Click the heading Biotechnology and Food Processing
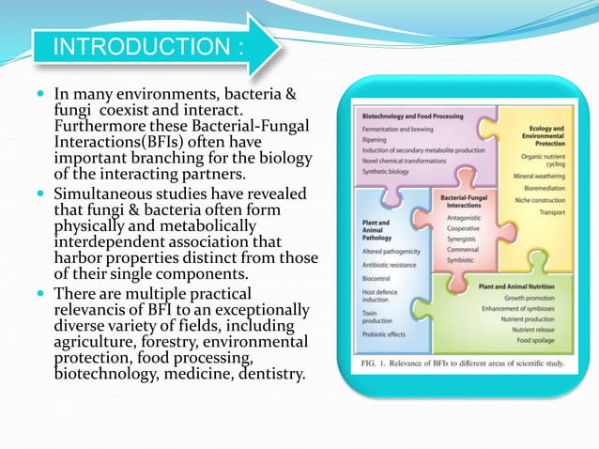pos(411,116)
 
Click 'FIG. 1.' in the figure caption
pos(372,364)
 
